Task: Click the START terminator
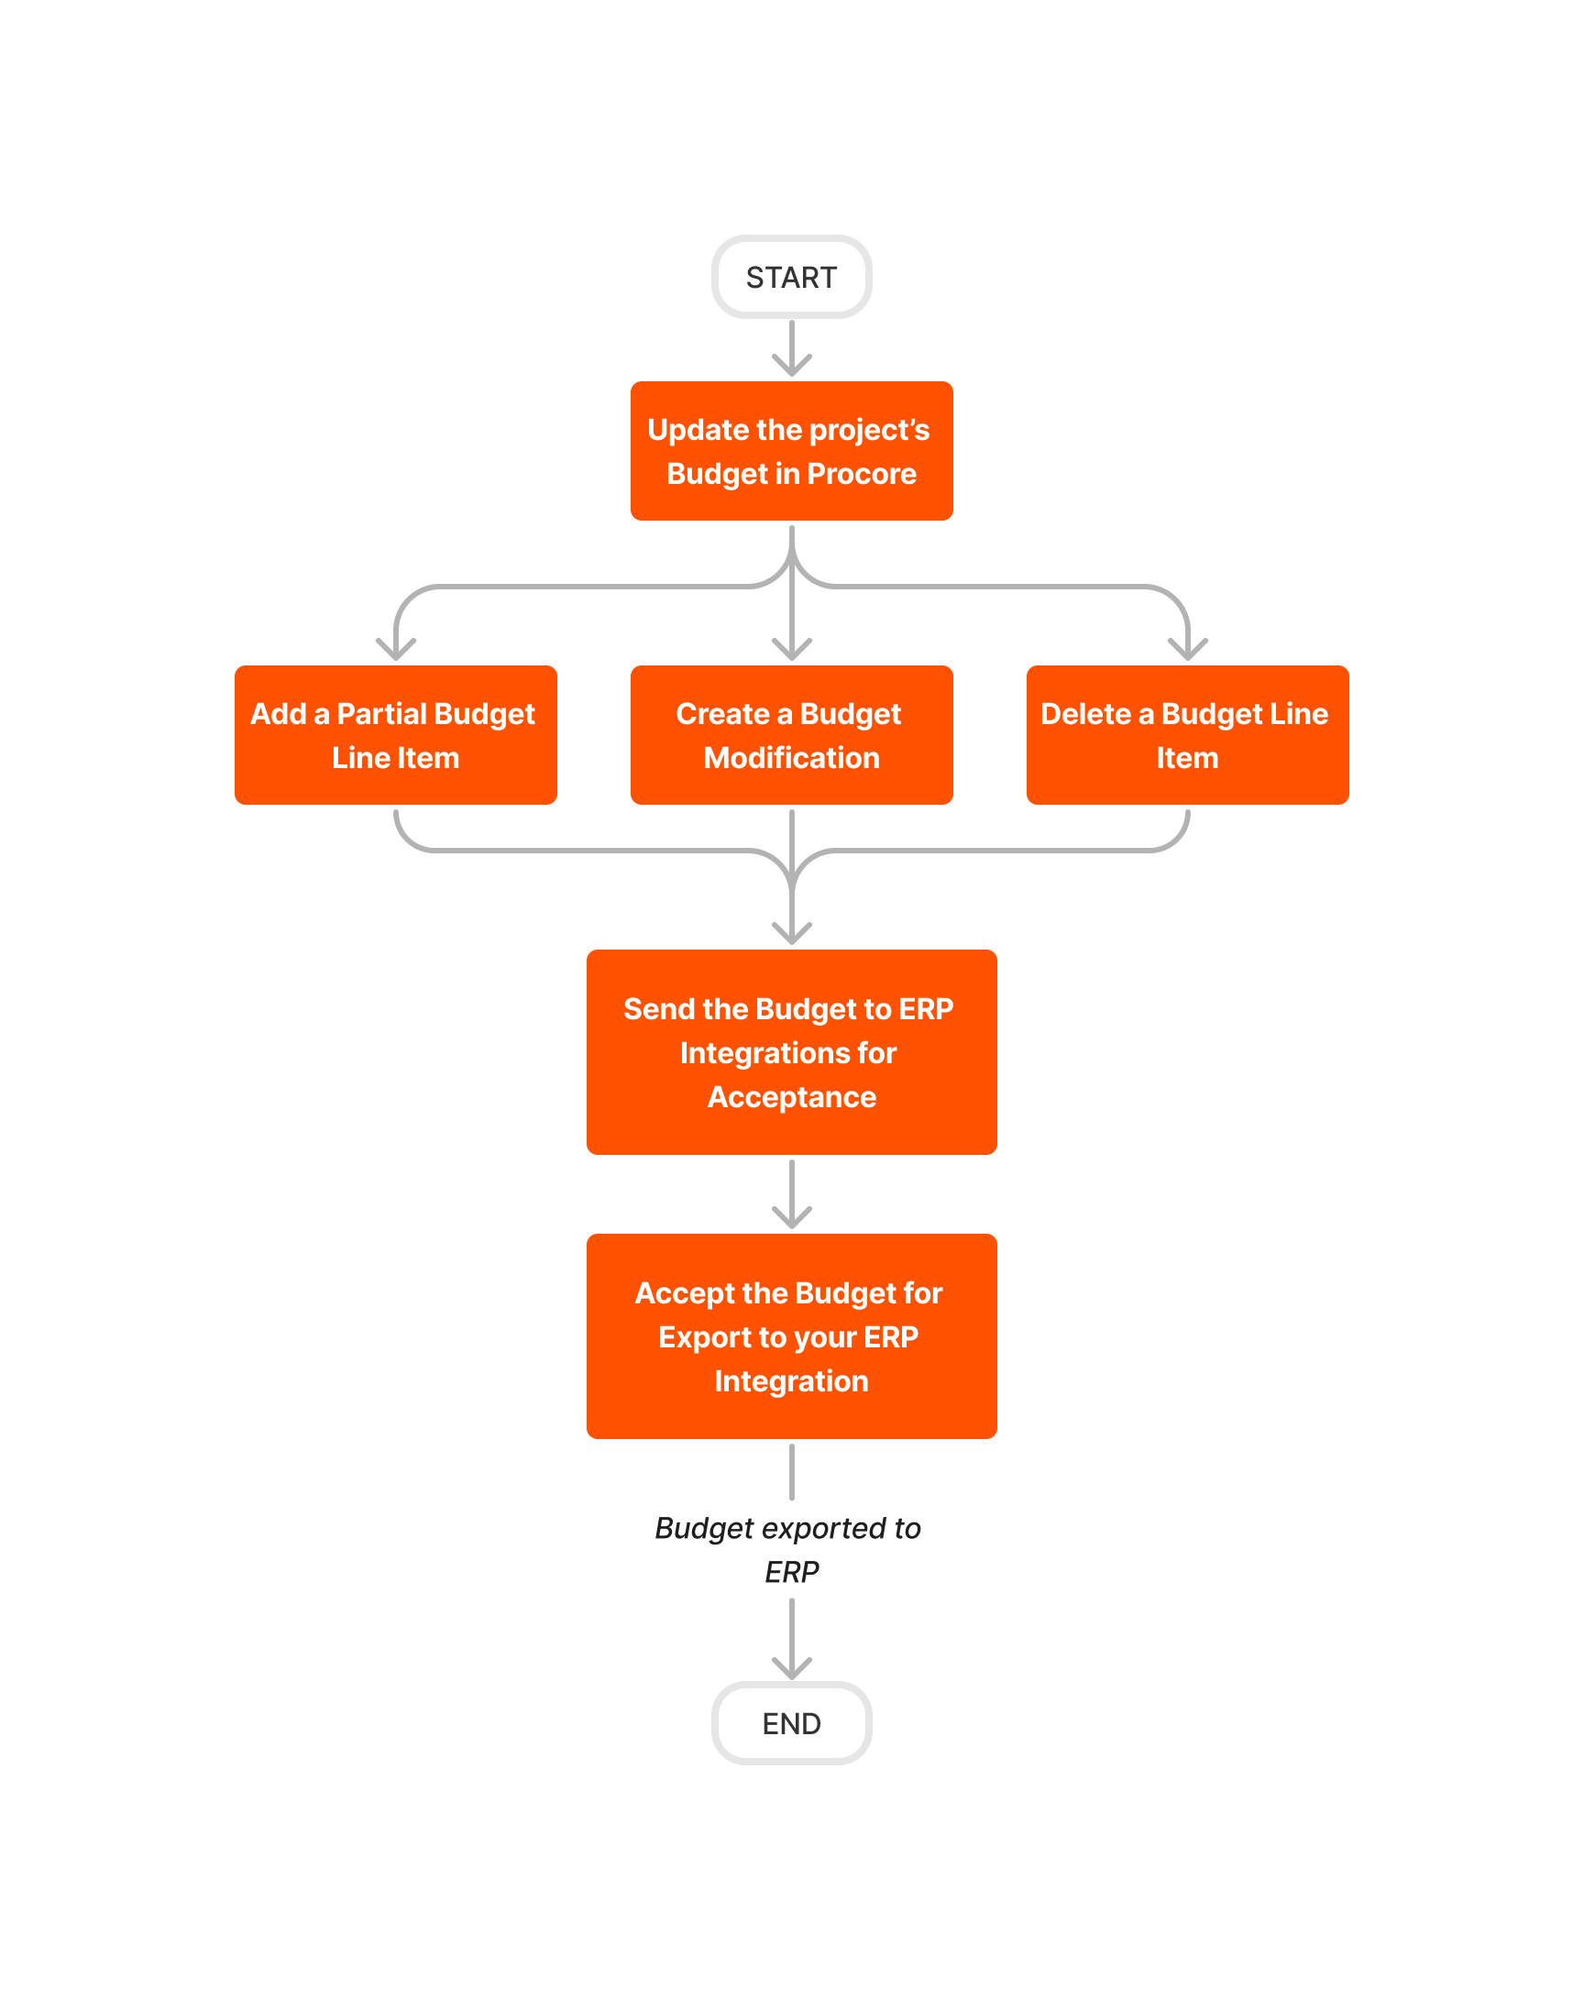791,276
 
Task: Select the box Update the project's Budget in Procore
791,451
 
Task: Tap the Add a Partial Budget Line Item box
396,734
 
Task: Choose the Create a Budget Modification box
791,734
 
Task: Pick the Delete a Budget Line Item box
1187,734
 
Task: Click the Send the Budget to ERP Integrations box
791,1051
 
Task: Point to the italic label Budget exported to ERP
788,1548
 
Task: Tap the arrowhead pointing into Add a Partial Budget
396,649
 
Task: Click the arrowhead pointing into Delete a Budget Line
1187,649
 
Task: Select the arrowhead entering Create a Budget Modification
791,649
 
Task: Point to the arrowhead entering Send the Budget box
791,933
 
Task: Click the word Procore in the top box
862,474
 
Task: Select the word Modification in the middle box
791,757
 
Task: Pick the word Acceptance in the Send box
791,1097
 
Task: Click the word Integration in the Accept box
791,1380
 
